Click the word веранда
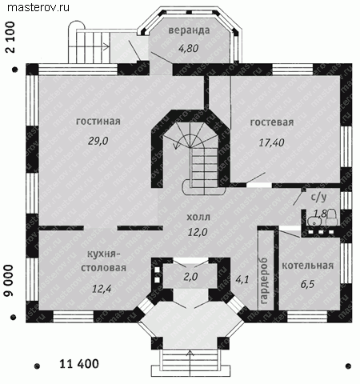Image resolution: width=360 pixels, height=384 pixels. coord(189,30)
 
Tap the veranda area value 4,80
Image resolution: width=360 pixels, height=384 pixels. coord(188,48)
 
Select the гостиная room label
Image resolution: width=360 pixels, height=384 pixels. coord(98,122)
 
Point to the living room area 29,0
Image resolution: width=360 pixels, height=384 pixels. coord(98,141)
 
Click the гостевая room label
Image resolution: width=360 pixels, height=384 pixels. coord(272,122)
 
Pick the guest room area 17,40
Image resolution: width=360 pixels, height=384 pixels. coord(271,142)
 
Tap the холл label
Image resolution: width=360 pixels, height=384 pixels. coord(198,217)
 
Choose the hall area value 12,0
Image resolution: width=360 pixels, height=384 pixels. coord(198,233)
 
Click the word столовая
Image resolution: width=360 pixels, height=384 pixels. coord(103,268)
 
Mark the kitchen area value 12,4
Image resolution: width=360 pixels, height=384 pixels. coord(102,289)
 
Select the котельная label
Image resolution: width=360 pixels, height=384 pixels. coord(308,266)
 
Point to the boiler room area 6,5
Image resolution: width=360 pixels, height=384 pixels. coord(307,284)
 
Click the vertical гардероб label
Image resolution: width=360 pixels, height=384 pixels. coord(264,281)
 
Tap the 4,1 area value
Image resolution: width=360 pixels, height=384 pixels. coord(242,279)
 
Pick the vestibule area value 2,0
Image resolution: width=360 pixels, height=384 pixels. coord(190,277)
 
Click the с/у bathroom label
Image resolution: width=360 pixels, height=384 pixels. coord(319,197)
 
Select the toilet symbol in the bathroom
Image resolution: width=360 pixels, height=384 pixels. coord(332,217)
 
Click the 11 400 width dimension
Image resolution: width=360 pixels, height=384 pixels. coord(79,364)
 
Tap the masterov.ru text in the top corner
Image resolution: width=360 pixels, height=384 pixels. coord(38,7)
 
